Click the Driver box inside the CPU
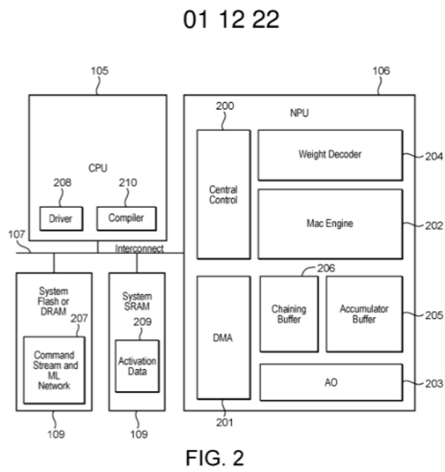pyautogui.click(x=61, y=218)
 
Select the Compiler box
pyautogui.click(x=126, y=218)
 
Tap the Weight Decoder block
pyautogui.click(x=330, y=154)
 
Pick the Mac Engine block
pyautogui.click(x=330, y=223)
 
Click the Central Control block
pyautogui.click(x=223, y=194)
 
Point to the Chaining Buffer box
pyautogui.click(x=289, y=314)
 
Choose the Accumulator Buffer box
pyautogui.click(x=364, y=314)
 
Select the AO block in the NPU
pyautogui.click(x=331, y=382)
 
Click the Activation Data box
pyautogui.click(x=137, y=366)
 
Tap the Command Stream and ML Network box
pyautogui.click(x=54, y=370)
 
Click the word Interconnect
pyautogui.click(x=139, y=249)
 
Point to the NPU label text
pyautogui.click(x=300, y=114)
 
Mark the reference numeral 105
pyautogui.click(x=99, y=71)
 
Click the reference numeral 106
pyautogui.click(x=381, y=71)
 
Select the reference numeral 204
pyautogui.click(x=434, y=156)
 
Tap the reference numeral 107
pyautogui.click(x=17, y=234)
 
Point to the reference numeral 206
pyautogui.click(x=327, y=268)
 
